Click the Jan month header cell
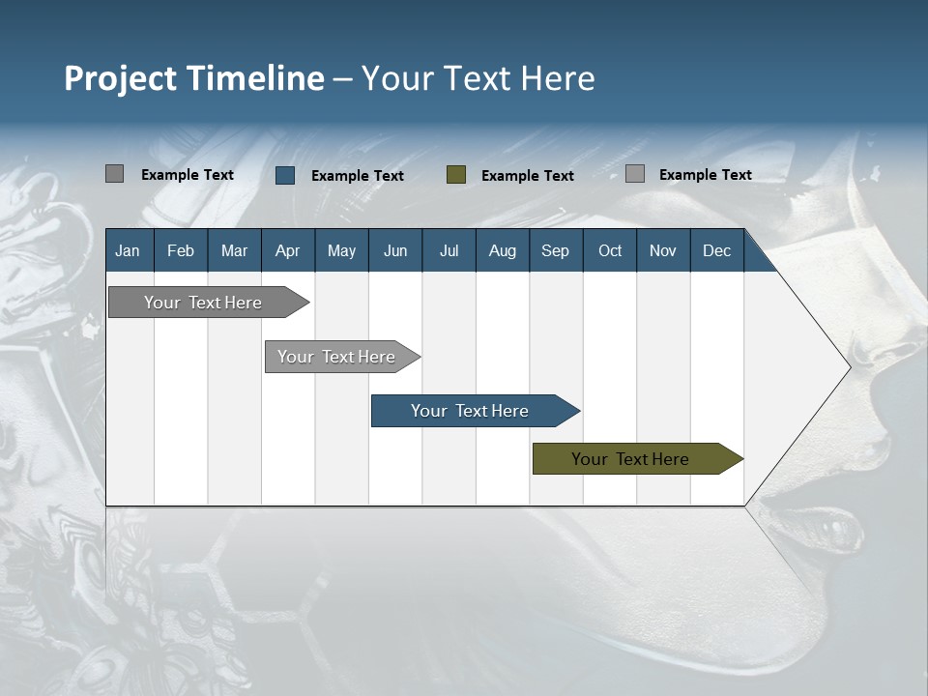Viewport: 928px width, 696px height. (x=128, y=250)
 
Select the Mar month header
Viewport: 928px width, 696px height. (x=234, y=250)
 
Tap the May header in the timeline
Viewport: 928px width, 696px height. (x=341, y=250)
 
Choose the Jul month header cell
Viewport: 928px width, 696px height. (x=449, y=250)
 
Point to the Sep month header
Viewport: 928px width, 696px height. (x=555, y=250)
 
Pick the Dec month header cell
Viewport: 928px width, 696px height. (x=716, y=250)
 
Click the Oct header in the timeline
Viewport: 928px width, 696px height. (x=610, y=250)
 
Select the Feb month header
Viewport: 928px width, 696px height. (x=181, y=250)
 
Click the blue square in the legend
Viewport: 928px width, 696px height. (x=285, y=175)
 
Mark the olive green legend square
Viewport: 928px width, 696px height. (x=456, y=175)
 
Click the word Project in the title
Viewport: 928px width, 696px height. (x=120, y=78)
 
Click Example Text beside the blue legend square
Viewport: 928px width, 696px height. (x=357, y=176)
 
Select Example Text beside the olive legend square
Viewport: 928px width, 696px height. (x=527, y=176)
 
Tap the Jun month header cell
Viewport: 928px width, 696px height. (x=395, y=250)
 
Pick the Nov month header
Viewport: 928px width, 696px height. (x=663, y=250)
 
